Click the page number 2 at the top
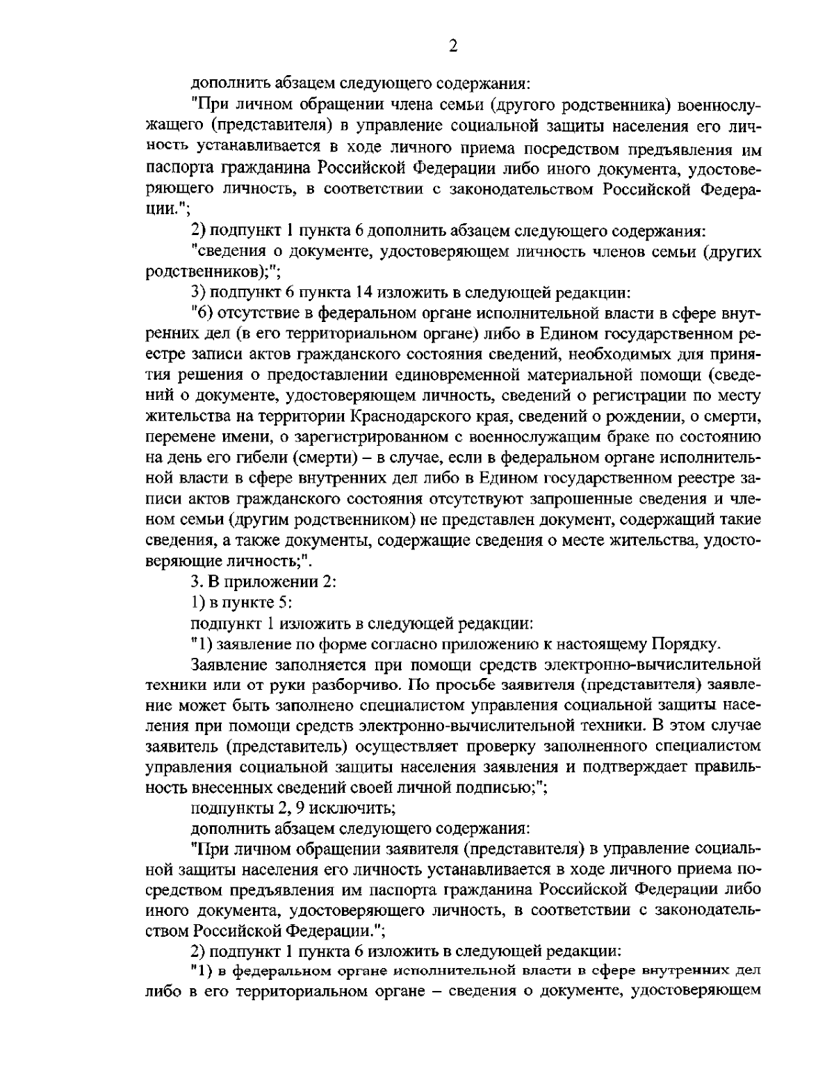tap(453, 46)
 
